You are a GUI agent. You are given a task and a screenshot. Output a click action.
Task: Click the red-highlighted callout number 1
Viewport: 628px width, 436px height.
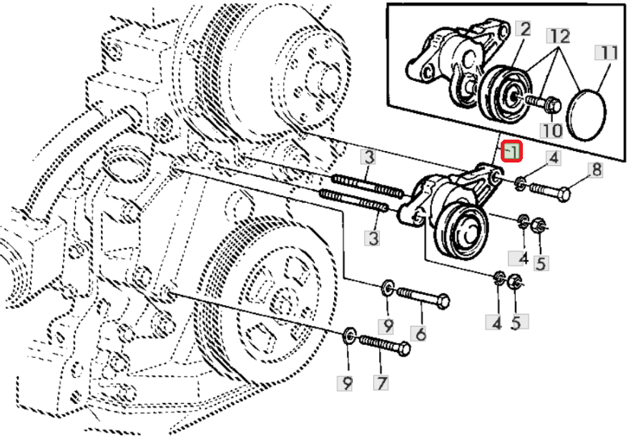[512, 152]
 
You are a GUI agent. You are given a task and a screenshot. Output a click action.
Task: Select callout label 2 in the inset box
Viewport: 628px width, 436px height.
[525, 29]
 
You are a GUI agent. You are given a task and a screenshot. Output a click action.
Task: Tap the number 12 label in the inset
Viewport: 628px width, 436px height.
[559, 36]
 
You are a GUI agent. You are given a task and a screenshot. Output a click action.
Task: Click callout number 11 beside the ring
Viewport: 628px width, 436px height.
[608, 52]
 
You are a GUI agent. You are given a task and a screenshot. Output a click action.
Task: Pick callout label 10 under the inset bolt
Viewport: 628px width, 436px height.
[551, 130]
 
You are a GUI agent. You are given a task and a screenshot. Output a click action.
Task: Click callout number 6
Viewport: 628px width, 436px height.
[421, 333]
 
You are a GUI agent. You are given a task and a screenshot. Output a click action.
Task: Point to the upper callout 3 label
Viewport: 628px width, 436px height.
[367, 157]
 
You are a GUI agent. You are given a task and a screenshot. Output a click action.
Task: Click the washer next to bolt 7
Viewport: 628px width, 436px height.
[350, 334]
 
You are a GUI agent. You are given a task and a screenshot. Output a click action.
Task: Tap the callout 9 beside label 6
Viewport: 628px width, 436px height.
[388, 326]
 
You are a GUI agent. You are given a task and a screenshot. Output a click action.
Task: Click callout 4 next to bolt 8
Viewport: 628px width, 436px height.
[553, 157]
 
